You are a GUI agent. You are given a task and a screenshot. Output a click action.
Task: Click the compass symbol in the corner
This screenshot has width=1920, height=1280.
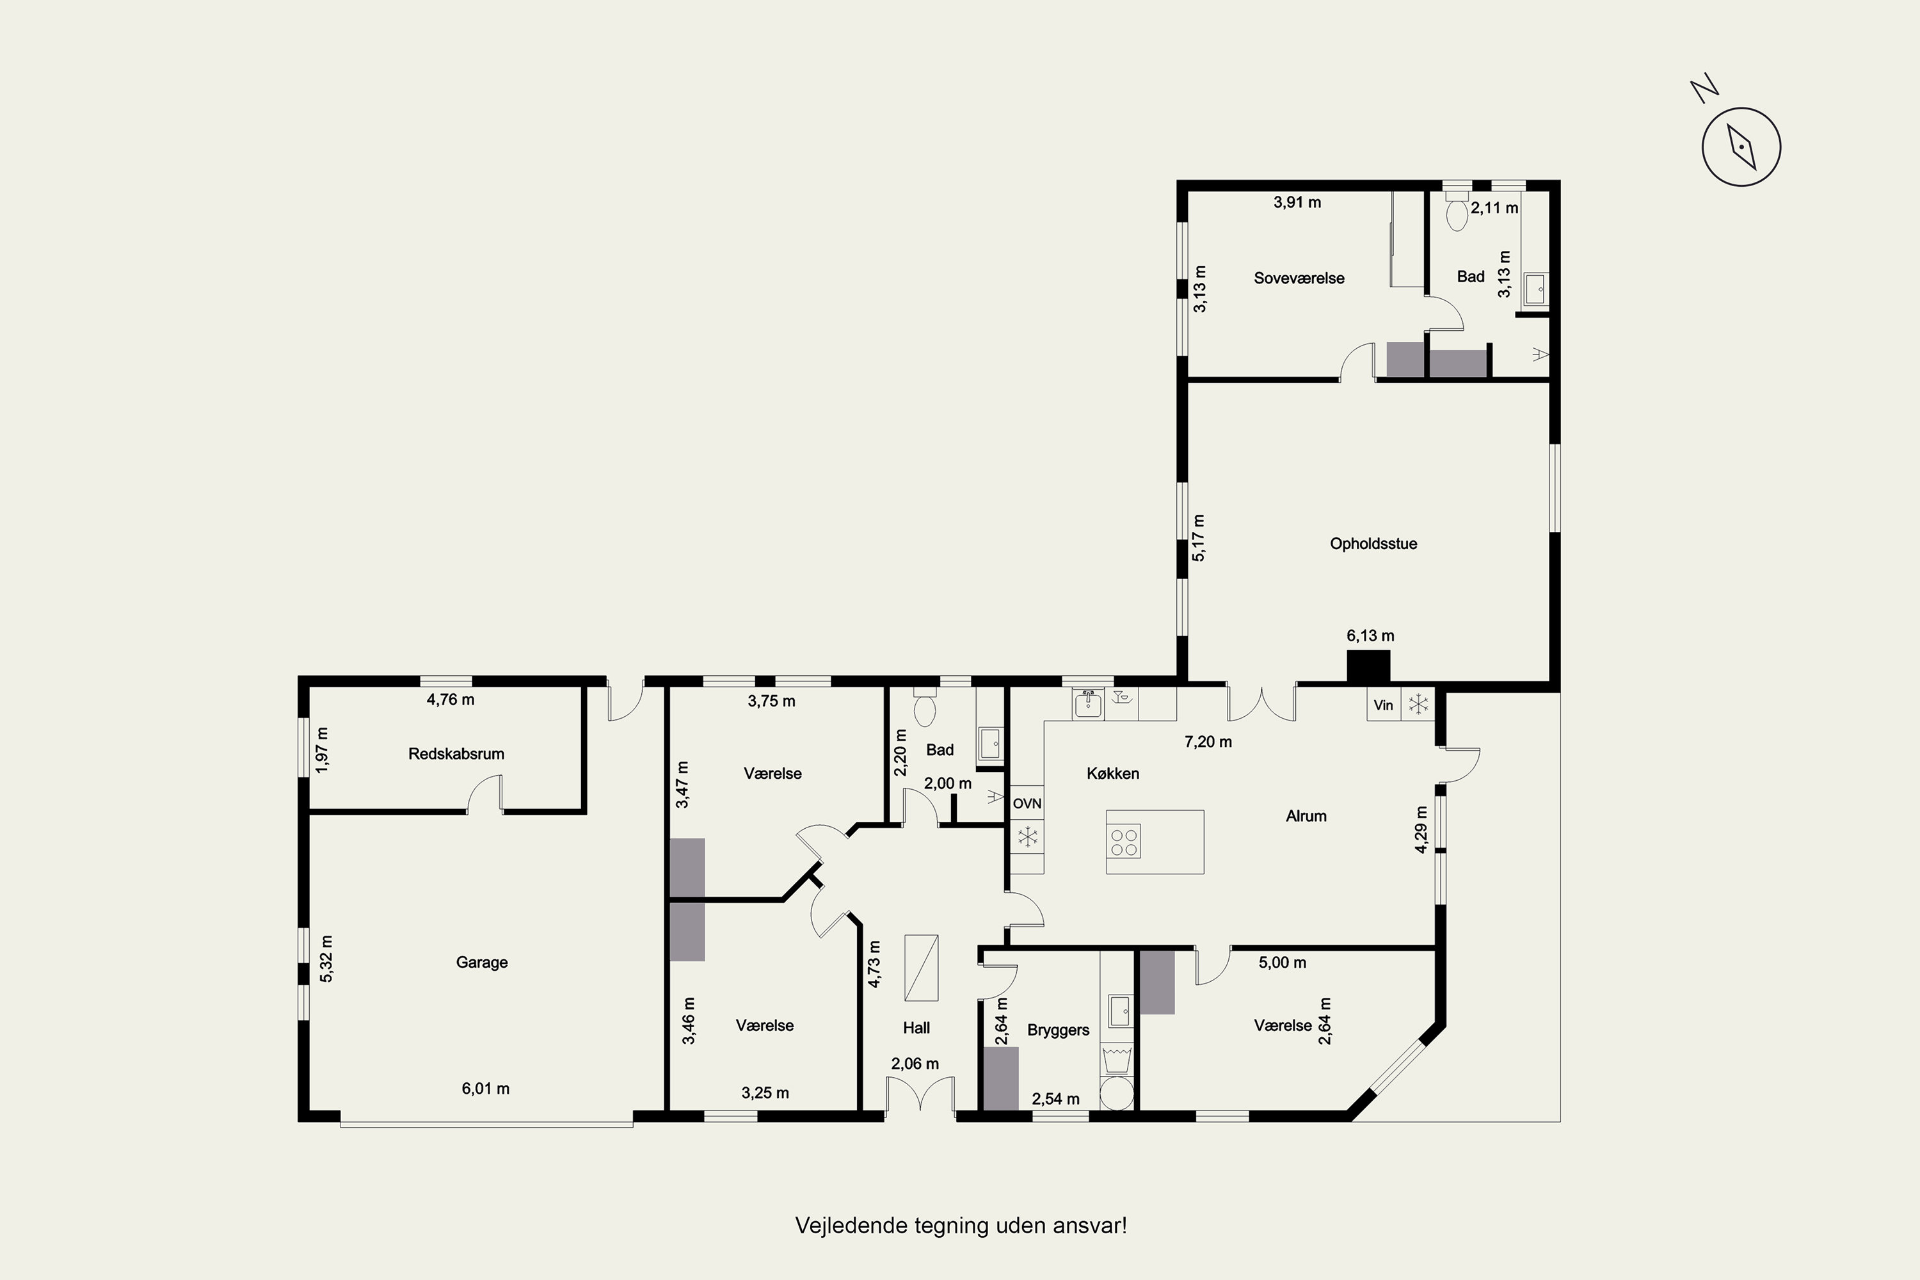pyautogui.click(x=1741, y=148)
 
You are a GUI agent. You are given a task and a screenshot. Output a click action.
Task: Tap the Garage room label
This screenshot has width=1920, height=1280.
pyautogui.click(x=482, y=963)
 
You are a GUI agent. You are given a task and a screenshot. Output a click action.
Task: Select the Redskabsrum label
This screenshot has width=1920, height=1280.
pyautogui.click(x=456, y=753)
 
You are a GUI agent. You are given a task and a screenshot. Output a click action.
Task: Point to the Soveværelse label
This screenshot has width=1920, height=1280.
pyautogui.click(x=1299, y=278)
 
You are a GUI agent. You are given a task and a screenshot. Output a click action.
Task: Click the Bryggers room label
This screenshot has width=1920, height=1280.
pyautogui.click(x=1058, y=1030)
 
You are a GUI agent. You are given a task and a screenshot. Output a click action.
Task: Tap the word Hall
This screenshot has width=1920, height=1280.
pyautogui.click(x=916, y=1028)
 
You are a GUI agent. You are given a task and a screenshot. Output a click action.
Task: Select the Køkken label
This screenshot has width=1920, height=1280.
pyautogui.click(x=1113, y=773)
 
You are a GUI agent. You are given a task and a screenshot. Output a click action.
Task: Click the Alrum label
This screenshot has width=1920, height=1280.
pyautogui.click(x=1306, y=815)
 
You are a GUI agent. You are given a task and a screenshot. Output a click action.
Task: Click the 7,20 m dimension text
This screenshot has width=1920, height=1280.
pyautogui.click(x=1208, y=742)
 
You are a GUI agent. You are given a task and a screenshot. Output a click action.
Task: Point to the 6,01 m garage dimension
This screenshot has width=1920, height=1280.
pyautogui.click(x=486, y=1088)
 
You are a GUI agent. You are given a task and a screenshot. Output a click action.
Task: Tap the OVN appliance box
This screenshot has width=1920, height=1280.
pyautogui.click(x=1027, y=803)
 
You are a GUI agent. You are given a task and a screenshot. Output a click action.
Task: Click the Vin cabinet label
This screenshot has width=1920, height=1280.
pyautogui.click(x=1384, y=705)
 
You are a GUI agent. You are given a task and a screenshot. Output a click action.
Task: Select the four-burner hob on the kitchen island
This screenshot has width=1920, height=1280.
pyautogui.click(x=1124, y=842)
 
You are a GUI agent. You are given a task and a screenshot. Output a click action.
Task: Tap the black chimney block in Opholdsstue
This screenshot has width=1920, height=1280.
pyautogui.click(x=1368, y=667)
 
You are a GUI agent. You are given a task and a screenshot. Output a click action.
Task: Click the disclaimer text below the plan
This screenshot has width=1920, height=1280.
pyautogui.click(x=961, y=1226)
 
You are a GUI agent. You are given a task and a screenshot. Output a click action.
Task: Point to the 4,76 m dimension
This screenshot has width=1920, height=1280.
pyautogui.click(x=451, y=700)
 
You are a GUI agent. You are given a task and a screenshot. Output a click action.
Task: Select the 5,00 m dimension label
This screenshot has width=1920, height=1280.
pyautogui.click(x=1283, y=963)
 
